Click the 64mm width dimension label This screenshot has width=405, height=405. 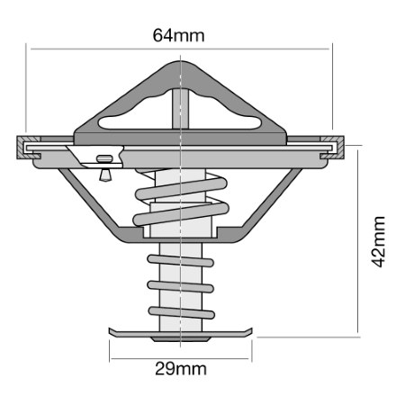(x=178, y=35)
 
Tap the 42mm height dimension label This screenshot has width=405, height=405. (x=378, y=241)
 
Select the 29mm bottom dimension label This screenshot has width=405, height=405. (x=181, y=369)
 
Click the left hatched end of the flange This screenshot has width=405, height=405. (x=28, y=148)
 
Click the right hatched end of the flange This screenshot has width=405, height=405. (x=332, y=148)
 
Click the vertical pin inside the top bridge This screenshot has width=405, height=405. (x=181, y=109)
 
